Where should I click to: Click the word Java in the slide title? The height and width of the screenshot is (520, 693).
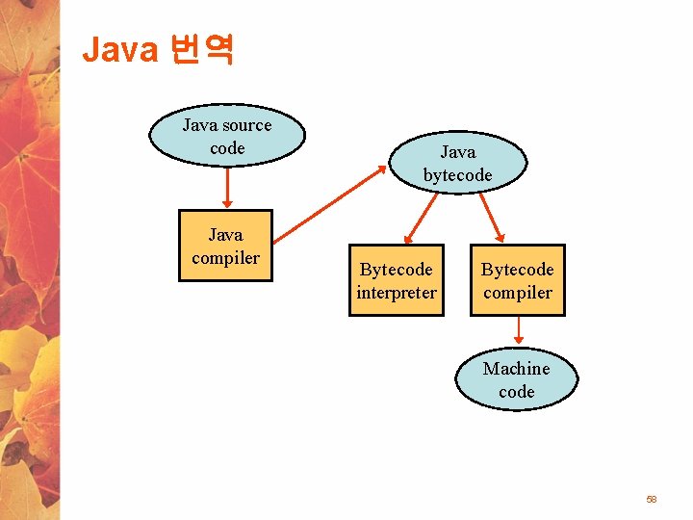(x=119, y=49)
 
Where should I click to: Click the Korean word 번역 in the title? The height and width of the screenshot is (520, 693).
(x=200, y=49)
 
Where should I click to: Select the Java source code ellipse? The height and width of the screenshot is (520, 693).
(x=226, y=136)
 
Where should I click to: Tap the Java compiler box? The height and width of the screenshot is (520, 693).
(x=225, y=246)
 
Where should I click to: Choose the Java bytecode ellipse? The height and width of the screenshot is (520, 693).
(x=457, y=163)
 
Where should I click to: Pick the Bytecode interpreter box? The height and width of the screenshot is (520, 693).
(x=396, y=280)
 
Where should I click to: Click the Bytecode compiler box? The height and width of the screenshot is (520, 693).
(x=517, y=280)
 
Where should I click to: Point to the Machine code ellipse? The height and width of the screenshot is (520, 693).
(x=516, y=379)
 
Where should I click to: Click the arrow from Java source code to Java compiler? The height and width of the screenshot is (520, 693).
(x=226, y=188)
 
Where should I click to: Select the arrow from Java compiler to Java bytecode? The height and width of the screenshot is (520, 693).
(x=327, y=203)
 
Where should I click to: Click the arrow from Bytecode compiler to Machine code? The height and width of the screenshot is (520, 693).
(x=518, y=330)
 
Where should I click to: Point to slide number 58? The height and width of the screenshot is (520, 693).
(x=652, y=500)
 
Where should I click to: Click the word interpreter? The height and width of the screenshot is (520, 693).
(x=396, y=293)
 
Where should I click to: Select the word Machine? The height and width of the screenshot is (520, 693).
(x=516, y=369)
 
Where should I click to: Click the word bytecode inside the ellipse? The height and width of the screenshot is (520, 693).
(x=457, y=175)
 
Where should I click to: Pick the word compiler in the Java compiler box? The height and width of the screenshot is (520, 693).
(x=225, y=258)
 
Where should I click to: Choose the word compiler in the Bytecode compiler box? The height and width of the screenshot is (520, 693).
(x=517, y=293)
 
